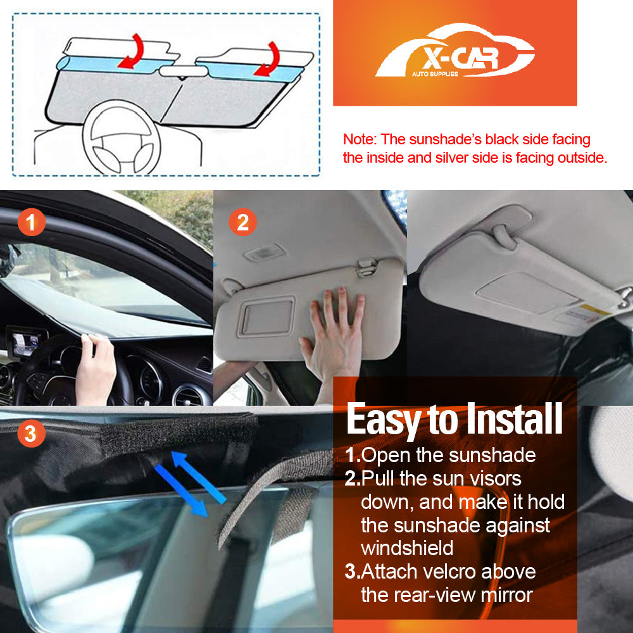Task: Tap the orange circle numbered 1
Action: point(30,222)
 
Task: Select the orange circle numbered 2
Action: point(242,222)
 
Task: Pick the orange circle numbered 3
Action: point(30,434)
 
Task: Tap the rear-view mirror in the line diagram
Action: point(182,71)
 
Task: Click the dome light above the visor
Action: point(264,253)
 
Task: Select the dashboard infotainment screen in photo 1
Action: point(26,342)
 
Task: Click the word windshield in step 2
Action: point(407,548)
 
